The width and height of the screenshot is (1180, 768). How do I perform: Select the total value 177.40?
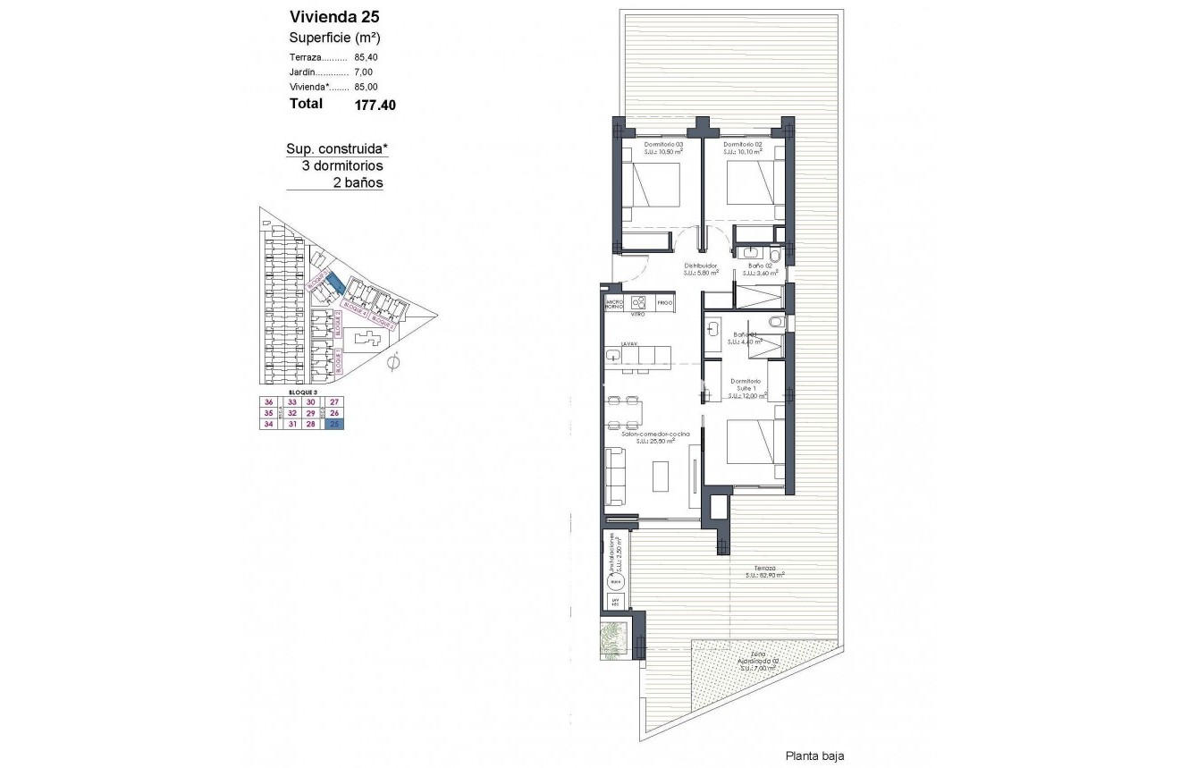tap(375, 105)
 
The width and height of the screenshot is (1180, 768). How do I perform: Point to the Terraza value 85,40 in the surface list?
tap(367, 56)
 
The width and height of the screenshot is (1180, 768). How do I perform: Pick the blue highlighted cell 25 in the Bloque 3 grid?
tap(334, 425)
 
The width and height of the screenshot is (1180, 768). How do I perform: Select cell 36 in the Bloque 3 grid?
tap(269, 401)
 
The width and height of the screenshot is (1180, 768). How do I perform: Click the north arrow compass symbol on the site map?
tap(394, 361)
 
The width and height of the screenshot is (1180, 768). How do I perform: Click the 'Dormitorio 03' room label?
tap(663, 144)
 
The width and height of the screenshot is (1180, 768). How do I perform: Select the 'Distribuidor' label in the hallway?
tap(702, 266)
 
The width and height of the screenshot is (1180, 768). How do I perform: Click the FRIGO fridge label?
tap(664, 304)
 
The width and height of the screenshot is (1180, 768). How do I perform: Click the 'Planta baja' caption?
tap(813, 755)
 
